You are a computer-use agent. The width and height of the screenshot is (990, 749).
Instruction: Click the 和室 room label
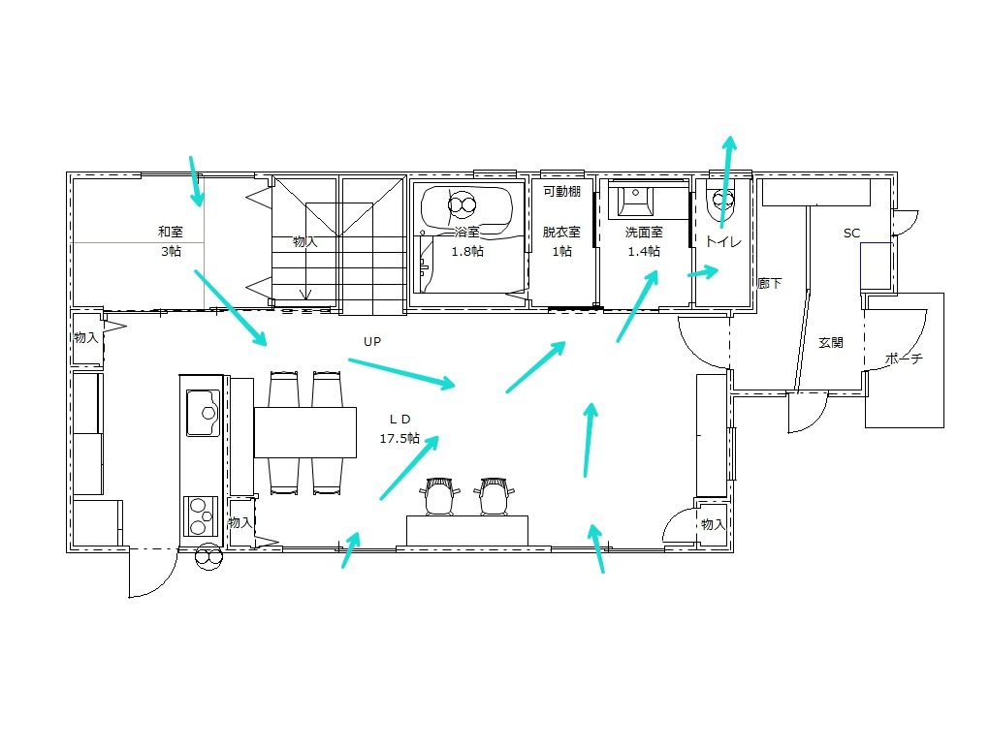click(171, 232)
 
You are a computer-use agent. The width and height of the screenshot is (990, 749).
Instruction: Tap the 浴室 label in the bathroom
click(467, 232)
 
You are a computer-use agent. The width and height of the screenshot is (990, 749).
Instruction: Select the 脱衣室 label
click(561, 232)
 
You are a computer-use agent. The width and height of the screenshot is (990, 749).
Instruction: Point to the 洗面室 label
click(644, 233)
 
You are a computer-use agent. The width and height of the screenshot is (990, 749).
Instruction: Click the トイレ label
click(723, 241)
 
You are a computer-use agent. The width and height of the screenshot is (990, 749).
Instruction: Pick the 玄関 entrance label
click(831, 343)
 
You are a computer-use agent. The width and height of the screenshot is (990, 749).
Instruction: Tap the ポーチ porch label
click(904, 359)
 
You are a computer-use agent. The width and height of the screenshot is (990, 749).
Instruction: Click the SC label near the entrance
click(851, 233)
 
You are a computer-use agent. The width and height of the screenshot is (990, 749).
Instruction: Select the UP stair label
click(372, 341)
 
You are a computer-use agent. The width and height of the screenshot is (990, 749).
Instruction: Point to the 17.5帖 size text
click(399, 438)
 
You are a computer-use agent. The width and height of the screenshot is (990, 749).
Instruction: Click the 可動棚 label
click(562, 191)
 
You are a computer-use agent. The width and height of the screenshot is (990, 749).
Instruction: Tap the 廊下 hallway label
click(770, 283)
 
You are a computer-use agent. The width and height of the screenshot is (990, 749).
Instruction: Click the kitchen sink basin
click(204, 413)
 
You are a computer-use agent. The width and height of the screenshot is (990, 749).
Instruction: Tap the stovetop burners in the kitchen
click(201, 516)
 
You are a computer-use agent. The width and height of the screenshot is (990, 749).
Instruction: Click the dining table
click(305, 432)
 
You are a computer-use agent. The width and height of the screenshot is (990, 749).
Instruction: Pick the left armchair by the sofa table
click(440, 496)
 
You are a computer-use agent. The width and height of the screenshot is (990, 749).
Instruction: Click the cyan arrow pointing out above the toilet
click(726, 181)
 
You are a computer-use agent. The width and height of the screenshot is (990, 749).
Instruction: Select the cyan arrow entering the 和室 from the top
click(197, 181)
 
